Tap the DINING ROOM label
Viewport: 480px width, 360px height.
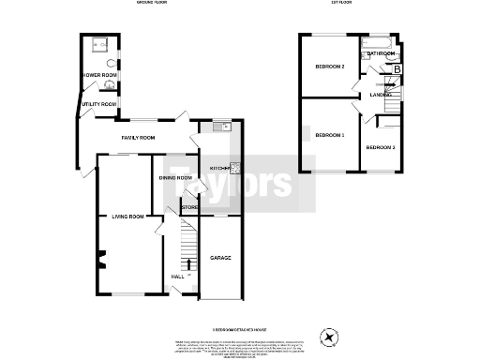click(174, 177)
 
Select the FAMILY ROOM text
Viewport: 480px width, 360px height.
click(137, 137)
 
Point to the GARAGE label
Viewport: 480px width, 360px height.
click(220, 258)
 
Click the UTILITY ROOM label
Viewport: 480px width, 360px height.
click(98, 104)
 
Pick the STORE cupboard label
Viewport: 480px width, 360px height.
click(188, 207)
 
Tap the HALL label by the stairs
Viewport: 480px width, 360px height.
click(178, 277)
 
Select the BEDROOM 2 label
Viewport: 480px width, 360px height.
click(330, 67)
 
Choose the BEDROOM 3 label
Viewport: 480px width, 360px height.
click(381, 148)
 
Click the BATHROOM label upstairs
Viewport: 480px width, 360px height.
click(380, 54)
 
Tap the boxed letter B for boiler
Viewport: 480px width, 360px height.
click(397, 69)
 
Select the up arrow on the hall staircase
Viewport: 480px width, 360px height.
click(187, 263)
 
